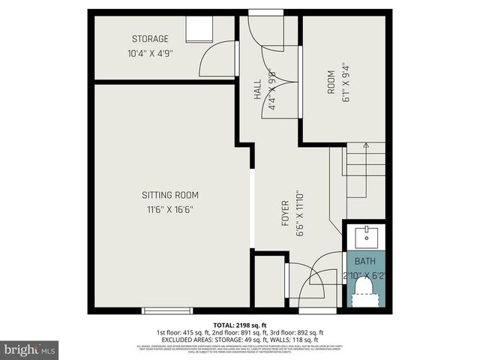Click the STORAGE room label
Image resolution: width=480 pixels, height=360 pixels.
[150, 39]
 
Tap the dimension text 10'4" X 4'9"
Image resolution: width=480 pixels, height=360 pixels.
[150, 53]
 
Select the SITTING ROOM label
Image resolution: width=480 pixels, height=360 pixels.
[170, 195]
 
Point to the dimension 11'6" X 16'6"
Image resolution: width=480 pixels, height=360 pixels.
[170, 209]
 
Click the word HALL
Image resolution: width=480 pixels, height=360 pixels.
[258, 91]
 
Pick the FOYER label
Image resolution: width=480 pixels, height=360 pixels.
[285, 214]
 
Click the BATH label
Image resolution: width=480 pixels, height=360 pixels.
[364, 261]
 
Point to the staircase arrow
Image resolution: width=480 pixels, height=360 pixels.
[365, 145]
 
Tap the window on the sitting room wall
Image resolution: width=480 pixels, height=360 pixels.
[162, 310]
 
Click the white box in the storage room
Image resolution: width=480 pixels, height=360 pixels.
[200, 29]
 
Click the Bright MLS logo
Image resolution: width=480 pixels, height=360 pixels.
[30, 349]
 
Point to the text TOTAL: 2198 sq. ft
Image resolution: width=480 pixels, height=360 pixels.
[240, 324]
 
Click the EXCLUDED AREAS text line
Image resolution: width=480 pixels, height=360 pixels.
[240, 339]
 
